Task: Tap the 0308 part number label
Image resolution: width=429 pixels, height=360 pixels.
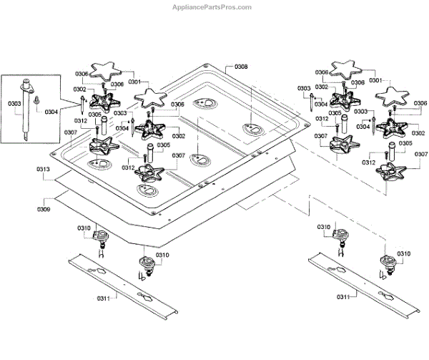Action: coord(241,67)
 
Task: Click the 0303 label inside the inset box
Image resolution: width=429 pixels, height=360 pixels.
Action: coord(14,104)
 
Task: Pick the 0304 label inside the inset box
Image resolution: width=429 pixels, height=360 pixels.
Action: coord(51,112)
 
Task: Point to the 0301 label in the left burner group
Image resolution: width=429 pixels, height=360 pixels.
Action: coord(134,82)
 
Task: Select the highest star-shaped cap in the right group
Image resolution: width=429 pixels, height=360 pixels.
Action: coord(350,68)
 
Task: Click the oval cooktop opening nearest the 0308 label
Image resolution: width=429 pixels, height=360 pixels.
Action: coord(250,130)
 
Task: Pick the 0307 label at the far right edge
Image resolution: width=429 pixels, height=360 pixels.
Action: coord(421,155)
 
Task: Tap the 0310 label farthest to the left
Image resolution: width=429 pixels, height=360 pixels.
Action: coord(85,228)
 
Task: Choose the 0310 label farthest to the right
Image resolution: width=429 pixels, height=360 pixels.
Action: coord(404,254)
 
